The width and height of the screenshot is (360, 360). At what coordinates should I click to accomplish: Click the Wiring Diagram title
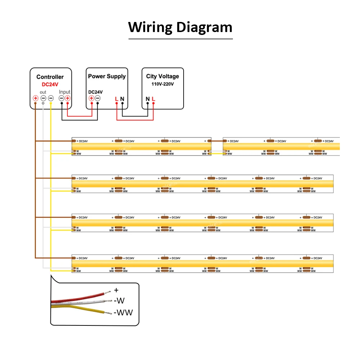[180, 28]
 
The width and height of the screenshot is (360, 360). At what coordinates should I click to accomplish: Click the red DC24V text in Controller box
[50, 84]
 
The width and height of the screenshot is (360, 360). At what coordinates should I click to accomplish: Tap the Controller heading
[50, 77]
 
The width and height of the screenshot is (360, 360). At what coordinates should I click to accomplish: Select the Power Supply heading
[107, 76]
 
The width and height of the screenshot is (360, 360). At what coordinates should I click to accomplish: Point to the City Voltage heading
[162, 76]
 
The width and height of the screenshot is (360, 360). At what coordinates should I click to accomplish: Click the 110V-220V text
[162, 84]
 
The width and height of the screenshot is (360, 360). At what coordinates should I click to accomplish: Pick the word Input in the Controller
[65, 92]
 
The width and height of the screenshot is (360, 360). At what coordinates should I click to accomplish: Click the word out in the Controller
[43, 92]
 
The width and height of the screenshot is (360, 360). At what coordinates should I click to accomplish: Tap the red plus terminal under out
[36, 98]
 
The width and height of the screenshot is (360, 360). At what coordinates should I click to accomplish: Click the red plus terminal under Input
[67, 98]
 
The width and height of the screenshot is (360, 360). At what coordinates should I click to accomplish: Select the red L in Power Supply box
[116, 99]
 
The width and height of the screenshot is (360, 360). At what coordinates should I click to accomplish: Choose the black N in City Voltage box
[148, 99]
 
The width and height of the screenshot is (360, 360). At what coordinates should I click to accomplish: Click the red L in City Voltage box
[153, 99]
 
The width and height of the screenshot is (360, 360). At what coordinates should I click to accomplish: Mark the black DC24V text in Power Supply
[95, 92]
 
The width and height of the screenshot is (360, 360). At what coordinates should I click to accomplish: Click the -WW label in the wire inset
[123, 312]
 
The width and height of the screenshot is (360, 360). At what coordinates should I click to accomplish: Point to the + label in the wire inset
[116, 290]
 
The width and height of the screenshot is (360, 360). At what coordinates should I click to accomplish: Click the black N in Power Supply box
[122, 99]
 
